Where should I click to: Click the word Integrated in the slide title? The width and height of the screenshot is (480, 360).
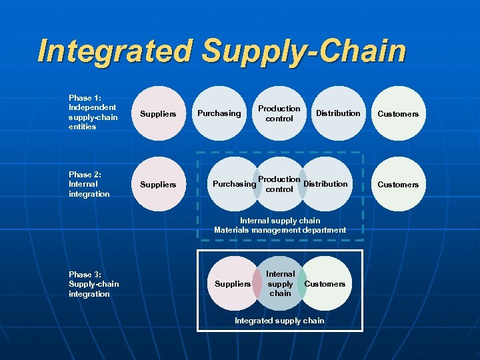(x=115, y=51)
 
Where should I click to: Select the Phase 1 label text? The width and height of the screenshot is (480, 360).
(x=92, y=112)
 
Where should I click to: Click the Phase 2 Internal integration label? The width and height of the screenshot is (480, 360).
(x=89, y=184)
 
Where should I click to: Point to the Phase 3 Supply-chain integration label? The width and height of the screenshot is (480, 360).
(x=93, y=284)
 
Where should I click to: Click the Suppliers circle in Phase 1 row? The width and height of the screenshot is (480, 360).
(x=158, y=114)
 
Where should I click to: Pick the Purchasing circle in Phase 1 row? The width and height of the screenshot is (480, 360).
(x=219, y=113)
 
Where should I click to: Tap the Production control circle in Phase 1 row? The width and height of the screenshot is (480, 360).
(x=279, y=113)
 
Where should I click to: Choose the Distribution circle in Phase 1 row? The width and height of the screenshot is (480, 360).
(x=337, y=113)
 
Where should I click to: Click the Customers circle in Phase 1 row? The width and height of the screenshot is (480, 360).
(x=398, y=114)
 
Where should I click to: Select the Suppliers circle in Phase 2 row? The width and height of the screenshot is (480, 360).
(x=158, y=185)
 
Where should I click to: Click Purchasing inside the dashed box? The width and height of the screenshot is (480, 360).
(x=233, y=185)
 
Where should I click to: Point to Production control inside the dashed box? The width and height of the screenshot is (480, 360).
(x=279, y=184)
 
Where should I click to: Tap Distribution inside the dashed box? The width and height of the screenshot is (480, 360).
(x=326, y=184)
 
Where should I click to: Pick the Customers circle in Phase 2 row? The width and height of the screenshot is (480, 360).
(x=398, y=185)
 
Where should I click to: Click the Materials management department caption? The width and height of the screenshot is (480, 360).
(x=280, y=230)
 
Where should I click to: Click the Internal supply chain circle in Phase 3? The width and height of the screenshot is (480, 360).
(x=280, y=283)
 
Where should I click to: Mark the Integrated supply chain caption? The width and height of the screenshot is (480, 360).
(x=279, y=321)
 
